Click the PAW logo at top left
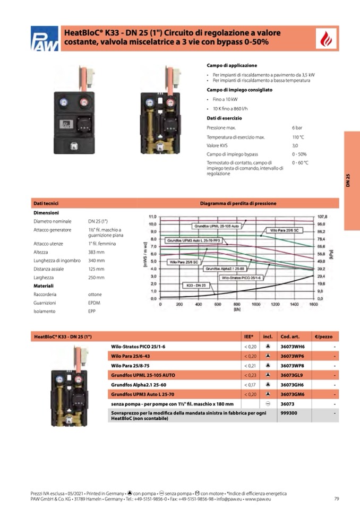point(44,39)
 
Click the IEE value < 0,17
point(250,384)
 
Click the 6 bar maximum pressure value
point(297,128)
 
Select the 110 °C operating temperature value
point(298,137)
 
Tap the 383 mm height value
point(96,252)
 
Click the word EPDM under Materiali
point(95,303)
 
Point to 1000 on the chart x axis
point(255,305)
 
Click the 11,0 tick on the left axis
point(152,217)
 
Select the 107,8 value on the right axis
point(322,217)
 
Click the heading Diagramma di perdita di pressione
point(238,203)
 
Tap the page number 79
point(337,498)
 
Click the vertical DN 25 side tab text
point(348,180)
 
